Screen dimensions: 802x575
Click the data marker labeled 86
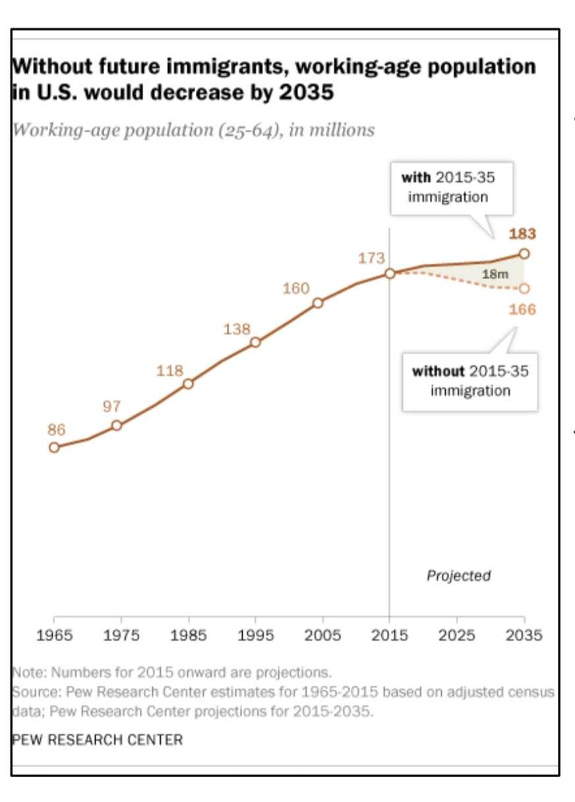(54, 447)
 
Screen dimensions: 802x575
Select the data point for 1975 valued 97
(117, 425)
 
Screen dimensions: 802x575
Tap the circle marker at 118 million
(188, 383)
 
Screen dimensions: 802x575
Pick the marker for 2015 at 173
(390, 273)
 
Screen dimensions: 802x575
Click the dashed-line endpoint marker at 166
(524, 288)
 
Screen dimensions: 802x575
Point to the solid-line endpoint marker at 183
(524, 253)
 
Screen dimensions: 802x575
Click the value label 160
(296, 288)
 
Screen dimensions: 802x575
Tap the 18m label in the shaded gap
(495, 274)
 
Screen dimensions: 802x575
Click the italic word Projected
(459, 576)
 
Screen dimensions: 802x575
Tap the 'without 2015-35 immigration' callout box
(470, 381)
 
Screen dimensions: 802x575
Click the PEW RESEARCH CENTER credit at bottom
(98, 739)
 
